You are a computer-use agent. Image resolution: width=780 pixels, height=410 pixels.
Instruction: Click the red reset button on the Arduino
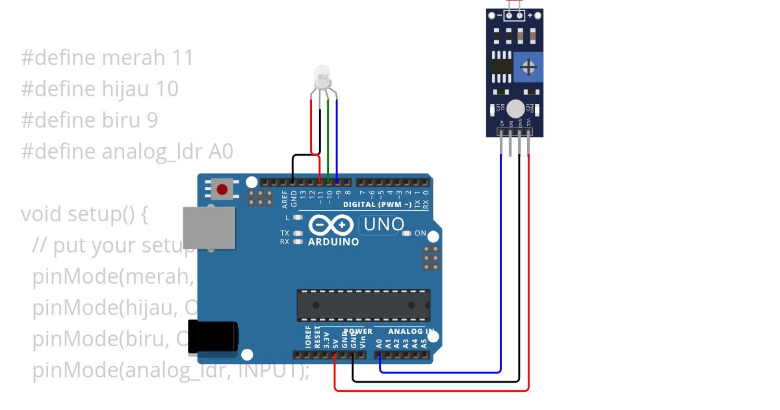tap(222, 189)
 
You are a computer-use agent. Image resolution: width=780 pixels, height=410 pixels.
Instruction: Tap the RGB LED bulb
tap(322, 77)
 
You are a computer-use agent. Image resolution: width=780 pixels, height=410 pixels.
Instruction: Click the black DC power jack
tap(213, 336)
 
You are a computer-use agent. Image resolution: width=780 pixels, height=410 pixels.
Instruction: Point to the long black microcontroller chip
tap(363, 305)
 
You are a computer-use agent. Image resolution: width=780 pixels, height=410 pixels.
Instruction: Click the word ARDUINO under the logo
tap(333, 242)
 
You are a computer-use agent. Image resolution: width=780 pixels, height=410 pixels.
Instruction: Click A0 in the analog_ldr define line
tap(220, 152)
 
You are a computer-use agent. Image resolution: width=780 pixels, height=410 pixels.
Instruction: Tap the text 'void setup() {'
tap(84, 214)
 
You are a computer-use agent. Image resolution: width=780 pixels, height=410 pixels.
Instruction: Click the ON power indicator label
tap(420, 233)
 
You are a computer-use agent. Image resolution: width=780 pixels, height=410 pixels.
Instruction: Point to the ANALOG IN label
tap(411, 331)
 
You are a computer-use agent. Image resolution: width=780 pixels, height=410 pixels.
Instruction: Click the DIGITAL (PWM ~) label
tap(377, 204)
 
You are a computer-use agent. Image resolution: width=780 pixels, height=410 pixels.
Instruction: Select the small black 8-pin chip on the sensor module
tap(500, 66)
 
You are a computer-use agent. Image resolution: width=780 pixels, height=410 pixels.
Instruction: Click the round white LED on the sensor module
tap(515, 109)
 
